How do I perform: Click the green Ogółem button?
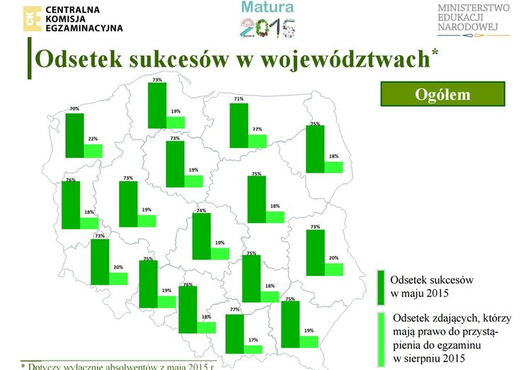click(x=442, y=94)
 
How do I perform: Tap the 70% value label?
click(x=74, y=109)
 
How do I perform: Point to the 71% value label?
click(x=239, y=99)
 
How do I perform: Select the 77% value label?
click(x=234, y=310)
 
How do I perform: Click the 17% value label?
click(x=253, y=340)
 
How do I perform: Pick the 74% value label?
click(x=201, y=210)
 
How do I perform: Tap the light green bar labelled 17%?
click(x=253, y=348)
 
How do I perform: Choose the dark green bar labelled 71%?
click(x=239, y=125)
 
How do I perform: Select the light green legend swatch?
click(x=380, y=338)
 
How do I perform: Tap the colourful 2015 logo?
click(x=268, y=28)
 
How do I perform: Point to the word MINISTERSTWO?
click(x=474, y=8)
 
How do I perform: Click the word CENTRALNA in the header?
click(x=72, y=8)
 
